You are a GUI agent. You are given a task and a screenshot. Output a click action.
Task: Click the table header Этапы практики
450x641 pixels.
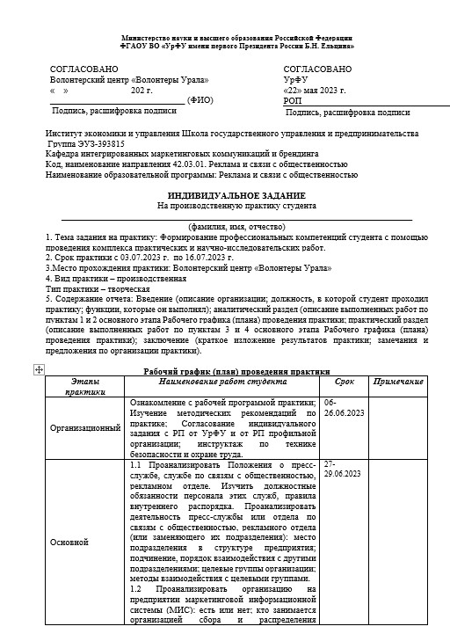tap(85, 387)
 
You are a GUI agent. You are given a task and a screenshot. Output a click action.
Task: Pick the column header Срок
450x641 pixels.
tap(345, 382)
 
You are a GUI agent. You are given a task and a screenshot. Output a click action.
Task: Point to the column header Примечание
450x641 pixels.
tap(397, 382)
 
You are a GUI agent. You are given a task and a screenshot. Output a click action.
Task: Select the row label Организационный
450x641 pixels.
tap(86, 428)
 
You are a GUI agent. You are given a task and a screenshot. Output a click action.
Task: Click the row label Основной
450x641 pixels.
tap(69, 542)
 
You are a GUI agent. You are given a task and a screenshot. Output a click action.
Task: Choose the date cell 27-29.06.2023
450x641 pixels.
tap(342, 468)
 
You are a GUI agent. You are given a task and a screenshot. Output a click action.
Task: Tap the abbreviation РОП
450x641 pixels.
tap(293, 101)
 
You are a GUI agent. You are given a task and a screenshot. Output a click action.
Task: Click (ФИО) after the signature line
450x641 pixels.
tap(200, 100)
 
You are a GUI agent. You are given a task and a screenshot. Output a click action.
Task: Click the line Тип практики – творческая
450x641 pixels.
tap(98, 288)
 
